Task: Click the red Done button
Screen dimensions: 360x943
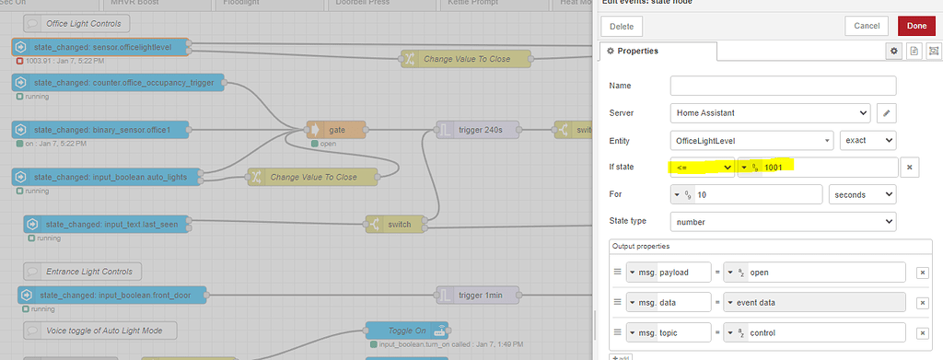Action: point(916,27)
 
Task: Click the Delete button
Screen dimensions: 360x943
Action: point(622,27)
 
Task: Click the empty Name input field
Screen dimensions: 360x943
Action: point(783,86)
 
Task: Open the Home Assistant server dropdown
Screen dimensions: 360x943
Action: point(770,113)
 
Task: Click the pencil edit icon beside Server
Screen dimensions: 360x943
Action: point(886,113)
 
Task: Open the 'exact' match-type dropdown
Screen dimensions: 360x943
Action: point(868,141)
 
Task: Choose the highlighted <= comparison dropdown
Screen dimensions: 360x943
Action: point(701,168)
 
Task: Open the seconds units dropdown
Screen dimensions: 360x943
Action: point(862,194)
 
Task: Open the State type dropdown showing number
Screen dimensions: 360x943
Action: point(783,222)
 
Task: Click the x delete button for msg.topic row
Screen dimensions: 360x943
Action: point(922,331)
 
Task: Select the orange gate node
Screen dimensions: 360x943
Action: point(336,130)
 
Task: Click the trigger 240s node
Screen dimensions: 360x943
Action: point(477,130)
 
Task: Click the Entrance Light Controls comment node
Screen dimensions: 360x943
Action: point(84,271)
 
